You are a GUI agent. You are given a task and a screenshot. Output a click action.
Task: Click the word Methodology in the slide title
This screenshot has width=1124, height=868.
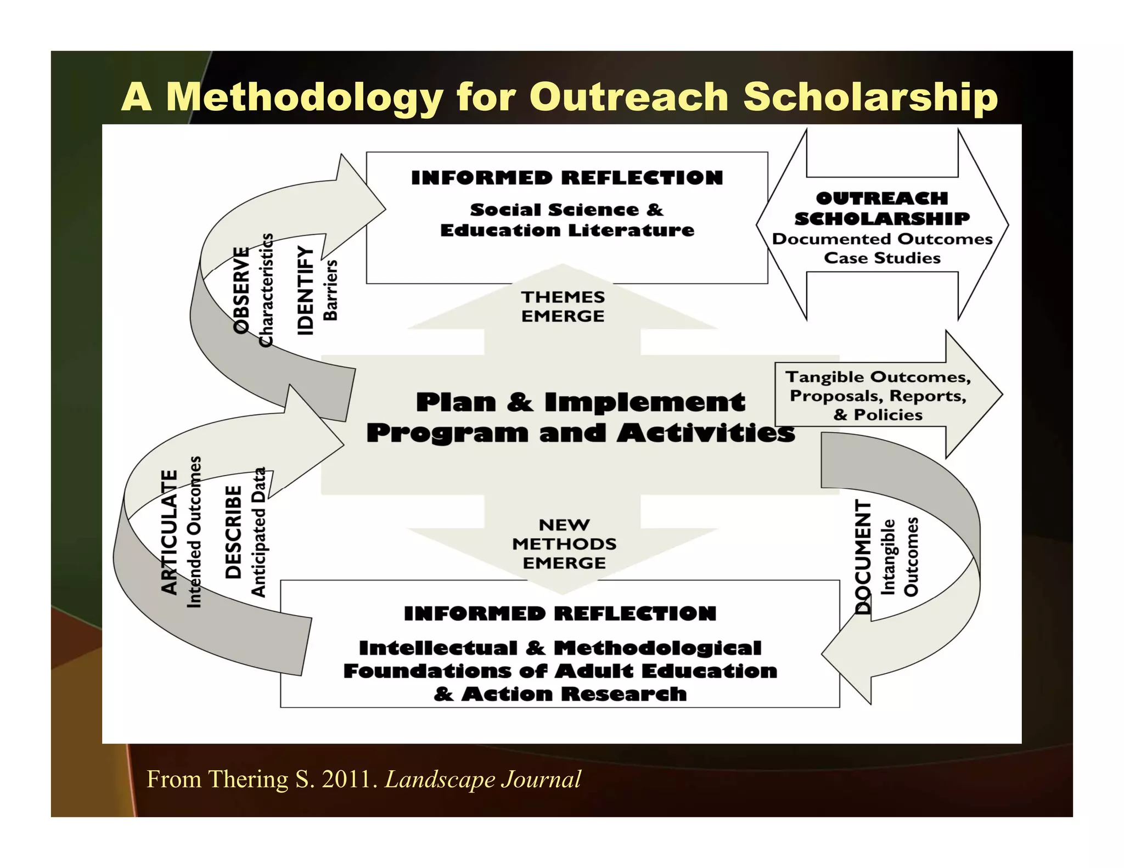click(305, 97)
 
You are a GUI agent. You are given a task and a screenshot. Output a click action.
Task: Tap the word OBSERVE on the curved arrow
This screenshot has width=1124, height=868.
click(241, 290)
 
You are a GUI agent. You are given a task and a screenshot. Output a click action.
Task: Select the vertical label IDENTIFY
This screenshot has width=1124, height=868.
click(305, 290)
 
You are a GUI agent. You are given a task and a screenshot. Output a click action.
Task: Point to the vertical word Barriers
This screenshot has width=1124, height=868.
click(330, 290)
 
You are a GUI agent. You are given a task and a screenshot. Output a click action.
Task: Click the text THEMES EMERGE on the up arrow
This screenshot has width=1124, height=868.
click(563, 306)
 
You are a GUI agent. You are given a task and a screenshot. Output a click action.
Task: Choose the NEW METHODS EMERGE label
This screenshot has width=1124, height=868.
click(564, 544)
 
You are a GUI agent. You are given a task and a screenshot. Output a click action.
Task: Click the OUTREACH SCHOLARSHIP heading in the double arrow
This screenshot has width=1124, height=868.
click(882, 208)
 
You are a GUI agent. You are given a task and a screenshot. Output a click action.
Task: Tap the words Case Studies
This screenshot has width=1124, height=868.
click(882, 258)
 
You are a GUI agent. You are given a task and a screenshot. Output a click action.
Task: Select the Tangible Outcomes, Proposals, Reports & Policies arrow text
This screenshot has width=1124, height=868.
click(878, 396)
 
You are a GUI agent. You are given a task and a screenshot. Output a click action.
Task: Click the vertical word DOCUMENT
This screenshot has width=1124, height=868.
click(863, 557)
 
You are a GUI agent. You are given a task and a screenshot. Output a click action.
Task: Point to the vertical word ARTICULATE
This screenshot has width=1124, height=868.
click(170, 532)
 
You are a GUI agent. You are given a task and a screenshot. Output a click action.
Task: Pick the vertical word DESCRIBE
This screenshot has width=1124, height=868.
click(234, 532)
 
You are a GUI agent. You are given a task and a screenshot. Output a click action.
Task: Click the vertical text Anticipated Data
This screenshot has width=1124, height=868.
click(258, 532)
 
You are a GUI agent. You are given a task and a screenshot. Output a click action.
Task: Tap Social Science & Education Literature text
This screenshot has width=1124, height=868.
click(567, 220)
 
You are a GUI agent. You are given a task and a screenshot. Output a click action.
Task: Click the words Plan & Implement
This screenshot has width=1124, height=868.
click(581, 402)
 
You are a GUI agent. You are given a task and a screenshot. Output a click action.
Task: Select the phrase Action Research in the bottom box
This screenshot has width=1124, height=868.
click(574, 694)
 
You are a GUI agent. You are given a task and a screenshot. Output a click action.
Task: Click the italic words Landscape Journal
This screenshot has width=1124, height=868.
click(482, 779)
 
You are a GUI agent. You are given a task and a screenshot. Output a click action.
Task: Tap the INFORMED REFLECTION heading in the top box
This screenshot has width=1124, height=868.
click(567, 178)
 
